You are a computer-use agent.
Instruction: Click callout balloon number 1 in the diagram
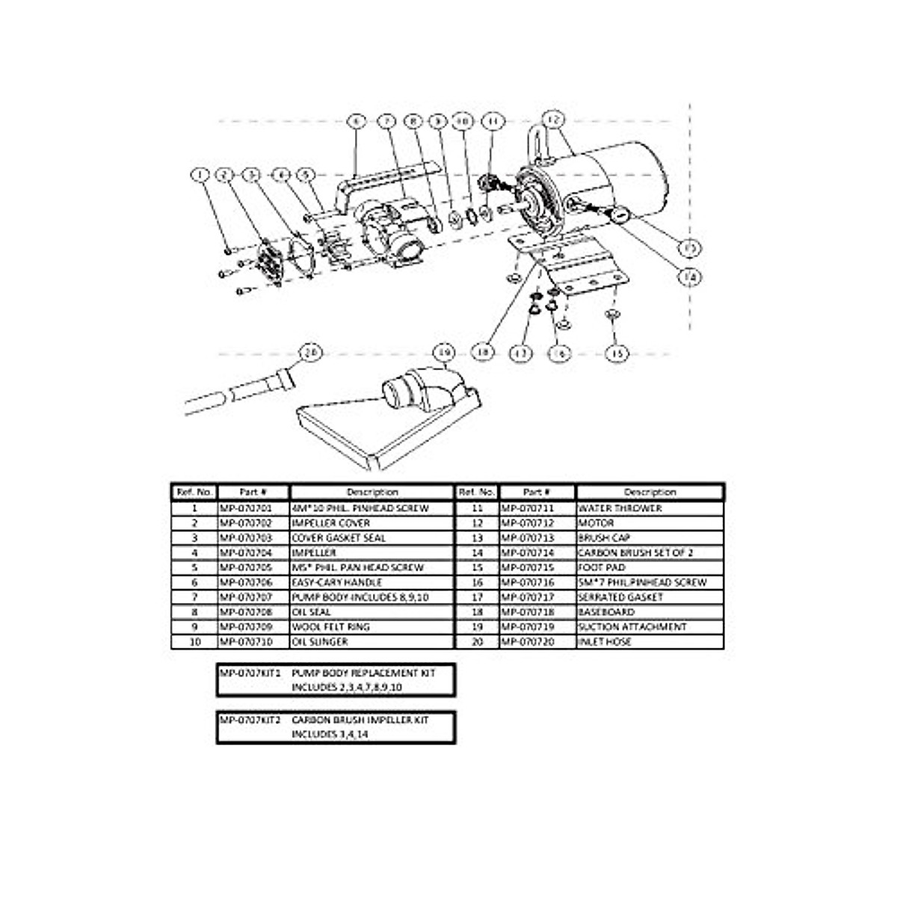(200, 175)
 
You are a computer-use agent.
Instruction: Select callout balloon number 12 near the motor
(553, 117)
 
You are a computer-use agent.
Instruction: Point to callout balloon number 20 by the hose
(309, 352)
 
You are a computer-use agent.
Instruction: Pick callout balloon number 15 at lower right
(617, 354)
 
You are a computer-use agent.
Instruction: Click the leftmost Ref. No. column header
(194, 493)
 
